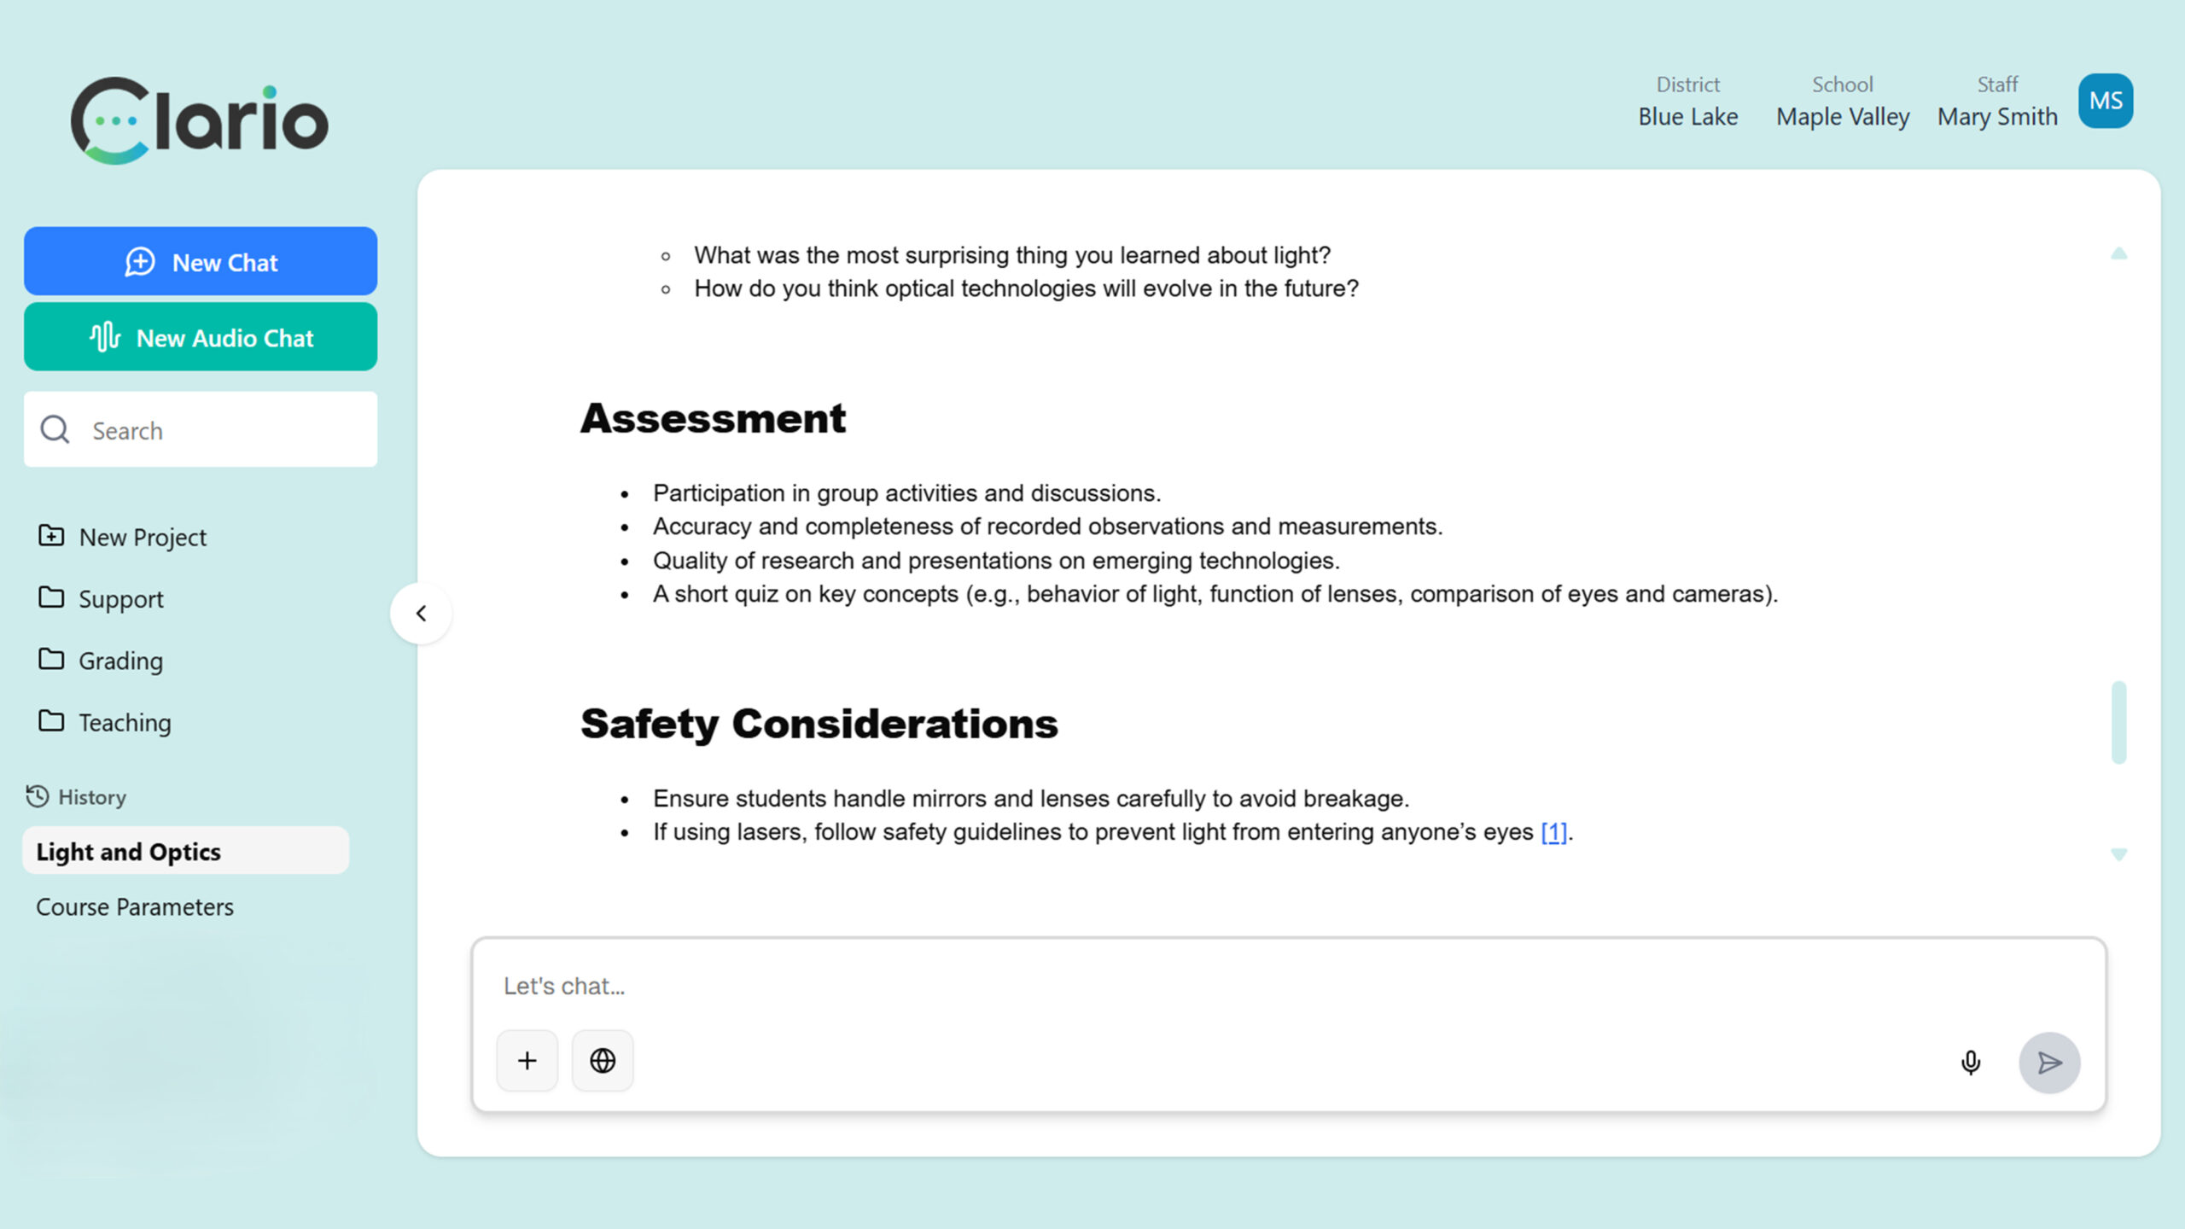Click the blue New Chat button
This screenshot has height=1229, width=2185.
tap(201, 262)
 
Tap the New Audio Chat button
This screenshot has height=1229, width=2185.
tap(201, 337)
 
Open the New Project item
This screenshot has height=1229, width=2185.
tap(143, 537)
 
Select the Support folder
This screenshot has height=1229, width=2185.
tap(120, 599)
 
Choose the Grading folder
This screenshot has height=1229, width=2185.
tap(120, 661)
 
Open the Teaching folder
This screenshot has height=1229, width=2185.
tap(125, 723)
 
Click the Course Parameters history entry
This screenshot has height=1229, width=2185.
tap(135, 906)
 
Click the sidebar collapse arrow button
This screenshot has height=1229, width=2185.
tap(421, 614)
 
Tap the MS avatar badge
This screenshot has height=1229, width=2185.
tap(2105, 101)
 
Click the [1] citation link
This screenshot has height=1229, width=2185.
tap(1553, 832)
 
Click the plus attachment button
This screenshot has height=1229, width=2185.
tap(527, 1061)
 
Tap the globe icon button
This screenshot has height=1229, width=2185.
tap(603, 1061)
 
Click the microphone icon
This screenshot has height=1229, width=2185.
tap(1970, 1063)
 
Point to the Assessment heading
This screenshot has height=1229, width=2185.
tap(713, 418)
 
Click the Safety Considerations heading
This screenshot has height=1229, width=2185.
tap(819, 724)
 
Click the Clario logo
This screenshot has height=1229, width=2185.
tap(200, 120)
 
